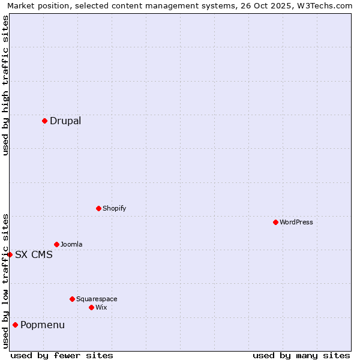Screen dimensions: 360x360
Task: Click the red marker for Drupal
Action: [44, 121]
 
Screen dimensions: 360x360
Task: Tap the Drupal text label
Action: [65, 121]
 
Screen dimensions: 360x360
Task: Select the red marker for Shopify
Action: [98, 208]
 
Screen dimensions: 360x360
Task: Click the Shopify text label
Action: [114, 208]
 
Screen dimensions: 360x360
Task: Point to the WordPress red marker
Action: [275, 222]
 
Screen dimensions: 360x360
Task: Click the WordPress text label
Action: [296, 222]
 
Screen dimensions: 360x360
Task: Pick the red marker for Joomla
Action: [56, 244]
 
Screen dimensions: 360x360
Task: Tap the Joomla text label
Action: [71, 244]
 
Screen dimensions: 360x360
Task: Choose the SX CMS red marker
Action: [10, 254]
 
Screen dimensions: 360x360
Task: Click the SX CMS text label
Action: [34, 255]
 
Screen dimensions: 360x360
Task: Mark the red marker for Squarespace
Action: [72, 299]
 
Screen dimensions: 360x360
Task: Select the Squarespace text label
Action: [97, 299]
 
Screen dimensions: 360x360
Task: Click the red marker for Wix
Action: [91, 307]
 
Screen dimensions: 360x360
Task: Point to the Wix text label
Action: [101, 307]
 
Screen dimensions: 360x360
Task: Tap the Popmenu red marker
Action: [15, 325]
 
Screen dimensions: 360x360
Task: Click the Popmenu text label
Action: [43, 325]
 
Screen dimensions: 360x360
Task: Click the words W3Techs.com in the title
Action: [329, 5]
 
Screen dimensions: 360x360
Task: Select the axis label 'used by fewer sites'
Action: [62, 355]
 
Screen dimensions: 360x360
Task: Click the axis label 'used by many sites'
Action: [301, 355]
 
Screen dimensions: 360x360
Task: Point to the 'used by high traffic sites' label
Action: [5, 85]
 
